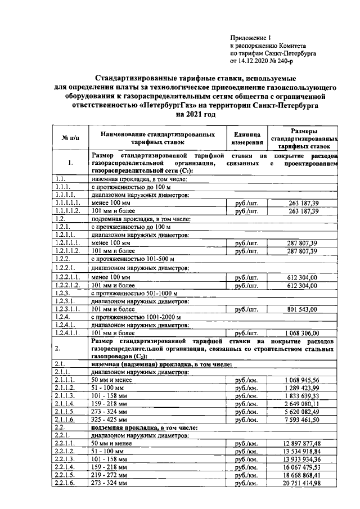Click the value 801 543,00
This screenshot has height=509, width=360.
[302, 309]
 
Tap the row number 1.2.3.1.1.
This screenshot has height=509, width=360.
[68, 309]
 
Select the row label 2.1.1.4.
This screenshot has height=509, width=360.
[66, 404]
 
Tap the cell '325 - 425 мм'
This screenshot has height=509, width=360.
[110, 420]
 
